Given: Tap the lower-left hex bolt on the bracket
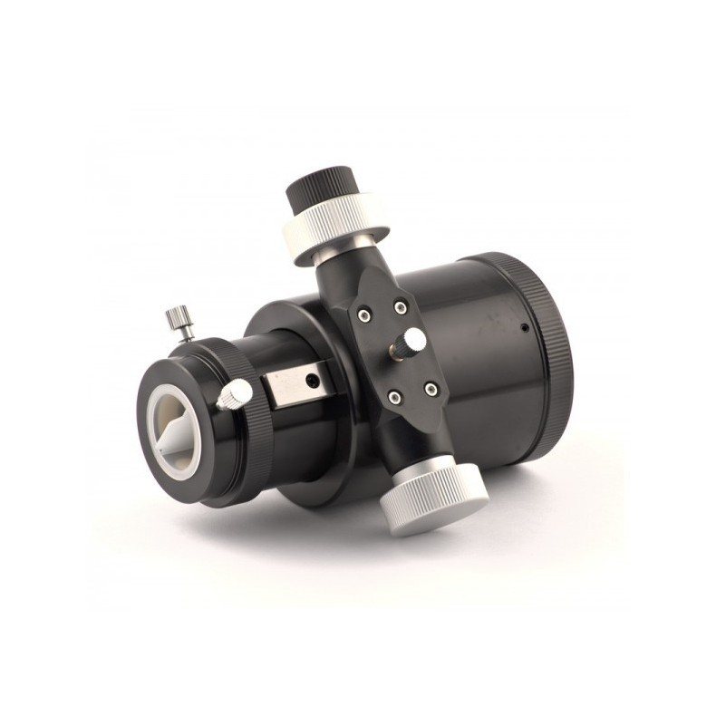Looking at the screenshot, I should click(393, 395).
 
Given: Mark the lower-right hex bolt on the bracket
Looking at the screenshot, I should click(431, 389).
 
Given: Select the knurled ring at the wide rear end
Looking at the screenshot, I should click(551, 344).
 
